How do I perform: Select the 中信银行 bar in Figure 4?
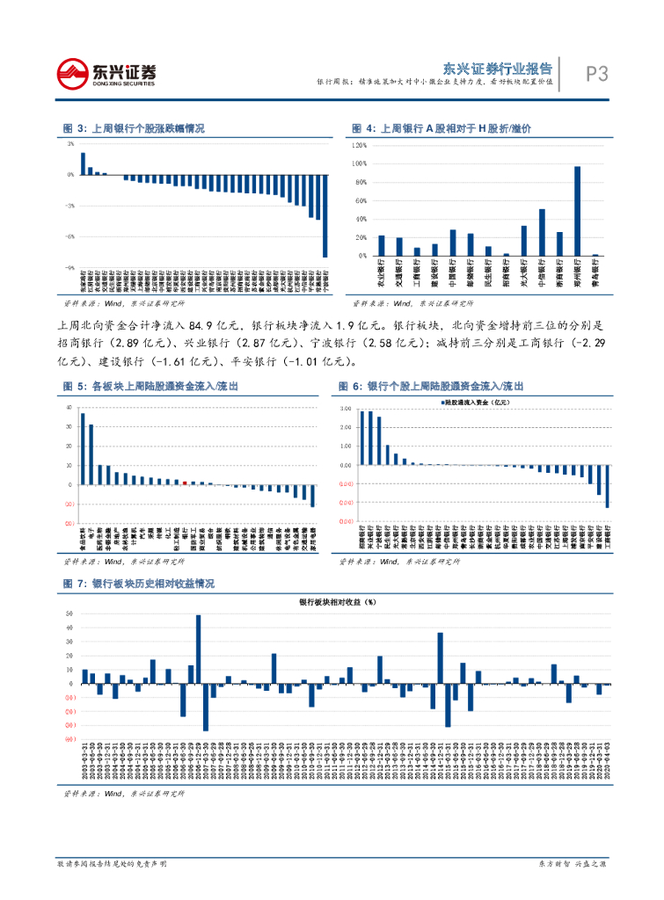[542, 232]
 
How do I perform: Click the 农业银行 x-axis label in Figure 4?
[381, 274]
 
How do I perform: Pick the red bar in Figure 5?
[185, 483]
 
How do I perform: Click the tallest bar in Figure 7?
[199, 649]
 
